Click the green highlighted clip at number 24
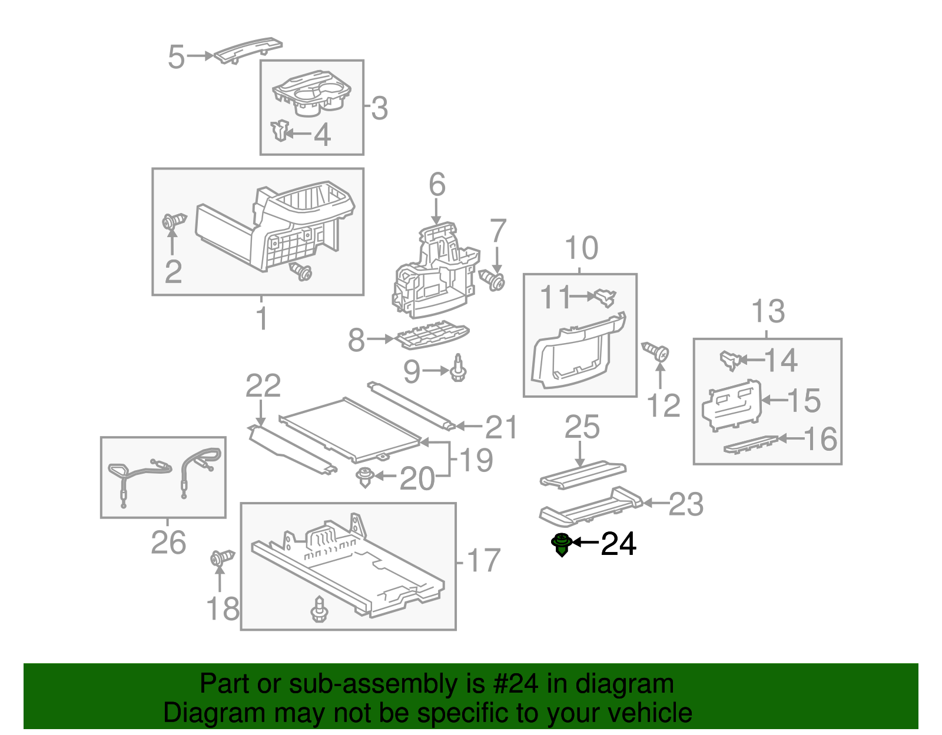click(562, 544)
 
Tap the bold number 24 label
click(618, 544)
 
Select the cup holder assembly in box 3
click(311, 93)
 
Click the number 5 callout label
click(176, 56)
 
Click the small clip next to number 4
click(280, 130)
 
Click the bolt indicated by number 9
click(458, 368)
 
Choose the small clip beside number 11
click(605, 298)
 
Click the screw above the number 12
click(655, 352)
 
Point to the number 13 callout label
click(768, 311)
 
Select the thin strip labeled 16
click(751, 444)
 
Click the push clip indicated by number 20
click(364, 477)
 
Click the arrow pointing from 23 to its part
click(655, 503)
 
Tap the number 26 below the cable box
click(168, 542)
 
